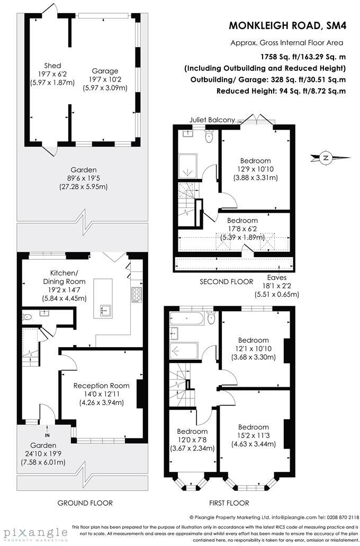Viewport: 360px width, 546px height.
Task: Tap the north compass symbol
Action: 327,157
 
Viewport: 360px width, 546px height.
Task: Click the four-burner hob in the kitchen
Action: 136,294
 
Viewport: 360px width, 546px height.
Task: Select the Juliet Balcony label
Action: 212,120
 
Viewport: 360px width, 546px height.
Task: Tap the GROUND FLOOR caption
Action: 85,503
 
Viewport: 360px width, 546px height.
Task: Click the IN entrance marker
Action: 48,421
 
